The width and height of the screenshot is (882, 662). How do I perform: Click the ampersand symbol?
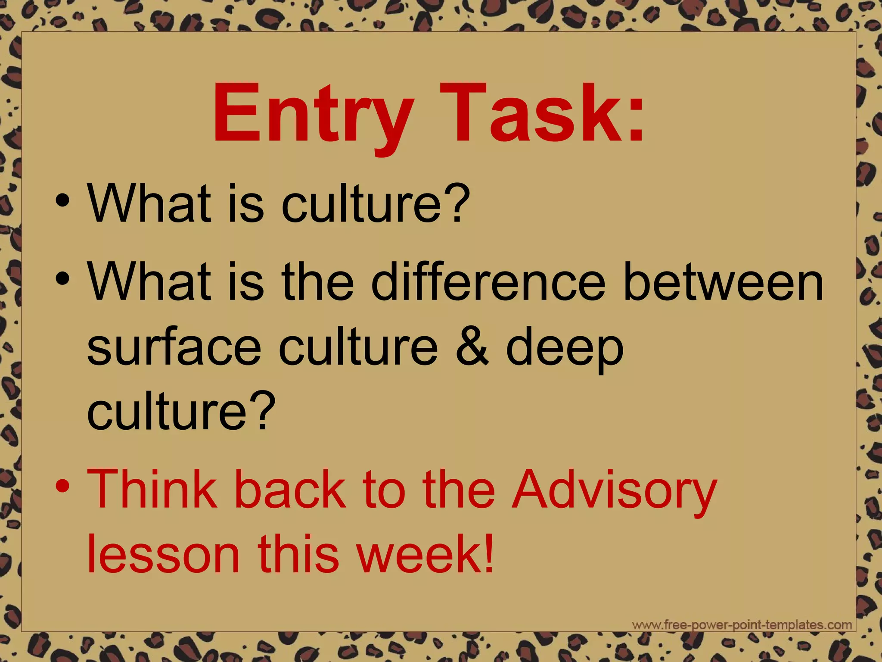[x=472, y=347]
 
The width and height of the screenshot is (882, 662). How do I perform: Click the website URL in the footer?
[x=742, y=625]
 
